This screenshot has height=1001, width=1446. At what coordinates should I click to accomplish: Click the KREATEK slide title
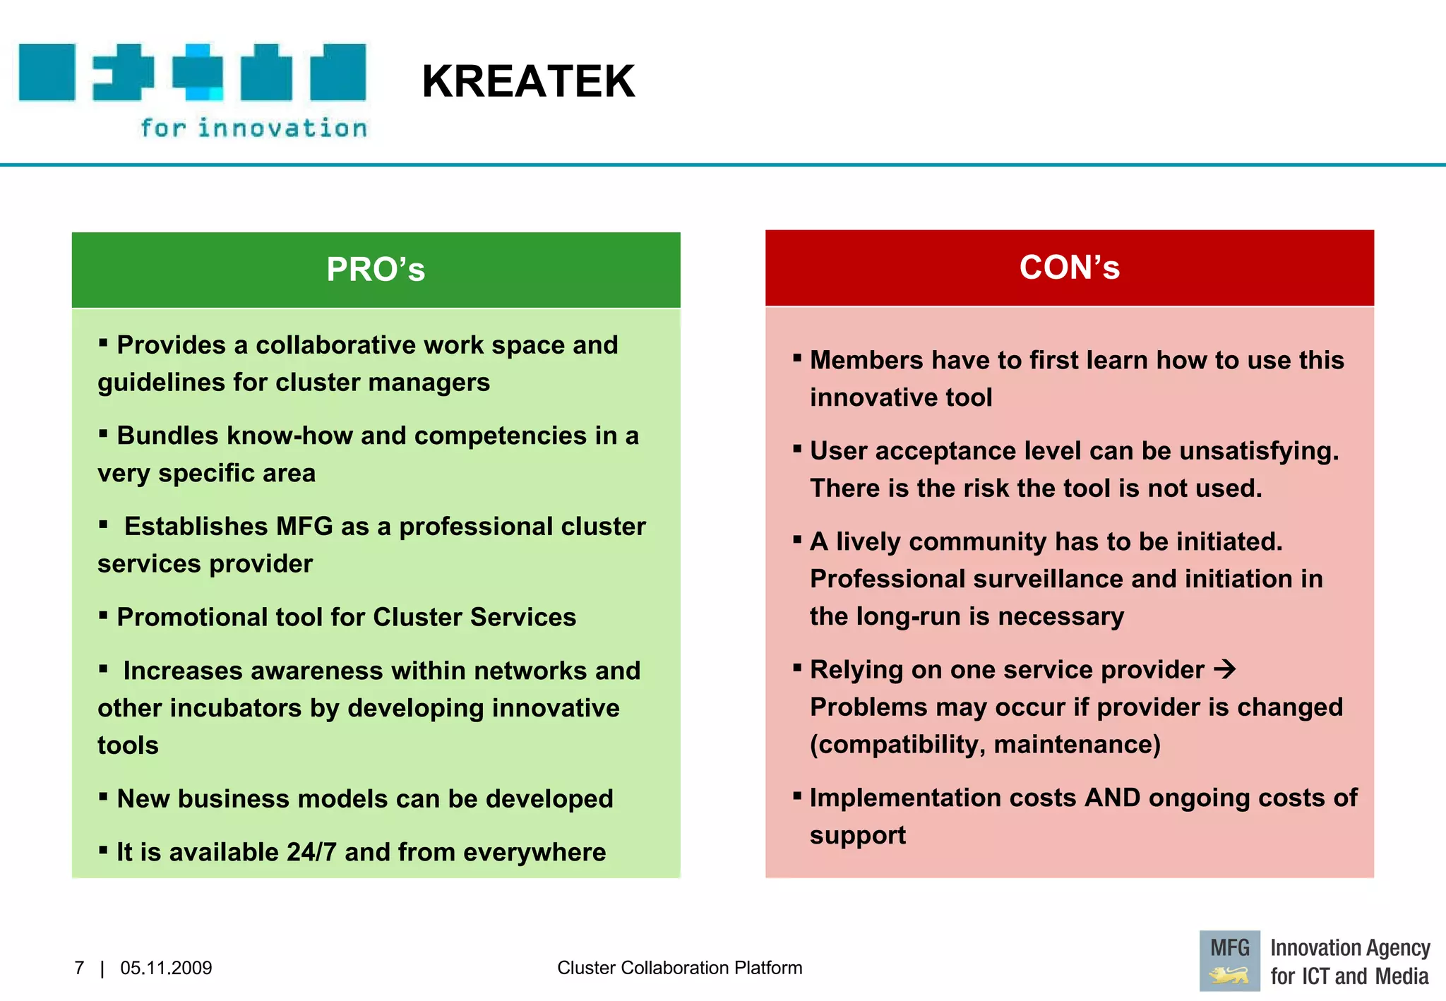(x=528, y=81)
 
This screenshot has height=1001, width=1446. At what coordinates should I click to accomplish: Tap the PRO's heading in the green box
(x=376, y=270)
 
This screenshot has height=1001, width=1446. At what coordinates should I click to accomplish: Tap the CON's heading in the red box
(x=1069, y=268)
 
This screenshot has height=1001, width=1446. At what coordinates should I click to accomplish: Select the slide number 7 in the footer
(x=79, y=968)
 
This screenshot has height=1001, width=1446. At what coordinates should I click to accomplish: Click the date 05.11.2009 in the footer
(x=166, y=968)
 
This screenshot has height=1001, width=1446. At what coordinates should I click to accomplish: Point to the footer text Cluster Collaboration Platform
(x=679, y=968)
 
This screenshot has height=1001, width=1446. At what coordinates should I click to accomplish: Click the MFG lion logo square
(x=1229, y=961)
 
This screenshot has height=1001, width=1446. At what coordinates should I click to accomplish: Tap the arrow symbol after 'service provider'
(x=1225, y=669)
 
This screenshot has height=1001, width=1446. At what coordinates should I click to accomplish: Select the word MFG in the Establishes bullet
(x=304, y=527)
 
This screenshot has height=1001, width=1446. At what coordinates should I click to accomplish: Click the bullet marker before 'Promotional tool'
(x=103, y=616)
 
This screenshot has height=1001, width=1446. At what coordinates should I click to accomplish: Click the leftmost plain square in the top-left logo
(x=47, y=72)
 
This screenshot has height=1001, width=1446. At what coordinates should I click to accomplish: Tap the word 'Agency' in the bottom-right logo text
(x=1399, y=947)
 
